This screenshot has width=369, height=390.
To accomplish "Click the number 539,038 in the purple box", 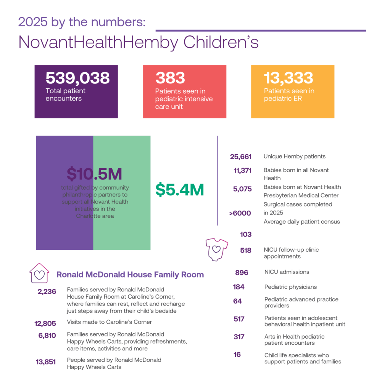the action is tap(77, 78).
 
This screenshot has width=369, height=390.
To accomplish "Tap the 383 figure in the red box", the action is tap(170, 78).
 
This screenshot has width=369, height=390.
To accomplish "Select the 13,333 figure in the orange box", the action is tap(288, 78).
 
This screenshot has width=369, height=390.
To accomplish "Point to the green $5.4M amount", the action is tap(180, 190).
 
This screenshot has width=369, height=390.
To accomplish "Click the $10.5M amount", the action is tap(94, 174).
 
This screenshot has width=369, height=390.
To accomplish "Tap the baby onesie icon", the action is tap(216, 250).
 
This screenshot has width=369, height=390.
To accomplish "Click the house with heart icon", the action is tap(39, 273).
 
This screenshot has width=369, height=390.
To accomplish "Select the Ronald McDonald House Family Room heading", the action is tap(130, 275).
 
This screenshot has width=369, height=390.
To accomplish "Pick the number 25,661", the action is tap(241, 157).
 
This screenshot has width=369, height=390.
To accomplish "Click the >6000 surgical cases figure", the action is tap(240, 213).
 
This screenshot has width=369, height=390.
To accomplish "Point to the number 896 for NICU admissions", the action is tap(242, 273).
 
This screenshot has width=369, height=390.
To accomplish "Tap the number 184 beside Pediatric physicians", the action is tap(239, 287).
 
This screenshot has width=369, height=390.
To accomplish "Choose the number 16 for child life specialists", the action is tap(237, 355).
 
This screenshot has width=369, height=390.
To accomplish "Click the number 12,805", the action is tap(45, 324).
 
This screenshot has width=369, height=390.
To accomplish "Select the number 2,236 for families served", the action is tap(47, 291).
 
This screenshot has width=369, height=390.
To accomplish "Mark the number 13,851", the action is tap(45, 362).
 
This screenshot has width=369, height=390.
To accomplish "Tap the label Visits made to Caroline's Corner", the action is tap(110, 322).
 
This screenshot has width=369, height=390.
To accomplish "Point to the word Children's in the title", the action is tap(221, 42).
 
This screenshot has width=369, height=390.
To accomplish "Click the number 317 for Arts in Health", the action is tap(239, 337).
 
